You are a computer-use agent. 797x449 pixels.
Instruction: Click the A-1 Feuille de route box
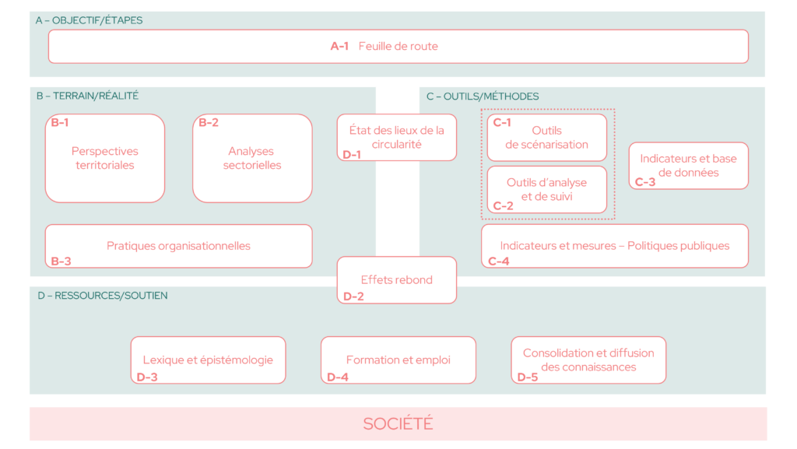[x=398, y=46]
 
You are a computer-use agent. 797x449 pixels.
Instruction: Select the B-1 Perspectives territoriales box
[x=105, y=159]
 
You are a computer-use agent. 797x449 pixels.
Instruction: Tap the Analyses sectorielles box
[x=252, y=159]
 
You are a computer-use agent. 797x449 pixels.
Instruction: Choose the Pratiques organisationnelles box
[x=178, y=246]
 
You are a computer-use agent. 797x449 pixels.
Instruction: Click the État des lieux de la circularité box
[x=396, y=137]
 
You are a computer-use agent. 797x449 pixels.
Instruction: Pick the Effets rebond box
[x=396, y=280]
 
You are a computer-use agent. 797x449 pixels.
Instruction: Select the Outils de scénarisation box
[x=547, y=137]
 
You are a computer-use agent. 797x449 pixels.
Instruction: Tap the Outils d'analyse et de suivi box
[x=547, y=189]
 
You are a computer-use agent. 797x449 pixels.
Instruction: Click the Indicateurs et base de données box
[x=689, y=166]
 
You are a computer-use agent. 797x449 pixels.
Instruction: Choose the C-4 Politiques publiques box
[x=615, y=246]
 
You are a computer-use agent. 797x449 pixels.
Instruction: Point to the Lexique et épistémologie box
[x=208, y=360]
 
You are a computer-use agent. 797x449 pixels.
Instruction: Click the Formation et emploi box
[x=398, y=360]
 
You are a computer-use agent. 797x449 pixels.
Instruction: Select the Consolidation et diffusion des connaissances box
[x=588, y=360]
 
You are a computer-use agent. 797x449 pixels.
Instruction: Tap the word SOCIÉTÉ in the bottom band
[x=398, y=423]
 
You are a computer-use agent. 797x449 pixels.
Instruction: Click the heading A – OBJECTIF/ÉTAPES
[x=89, y=20]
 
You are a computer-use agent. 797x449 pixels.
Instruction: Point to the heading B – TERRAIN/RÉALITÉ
[x=87, y=96]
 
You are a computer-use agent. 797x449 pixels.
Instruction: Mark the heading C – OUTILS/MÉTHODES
[x=483, y=96]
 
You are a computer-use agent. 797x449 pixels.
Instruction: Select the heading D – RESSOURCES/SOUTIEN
[x=102, y=296]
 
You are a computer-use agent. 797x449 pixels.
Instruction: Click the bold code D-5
[x=527, y=377]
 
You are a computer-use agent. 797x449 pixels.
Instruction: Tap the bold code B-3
[x=61, y=261]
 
